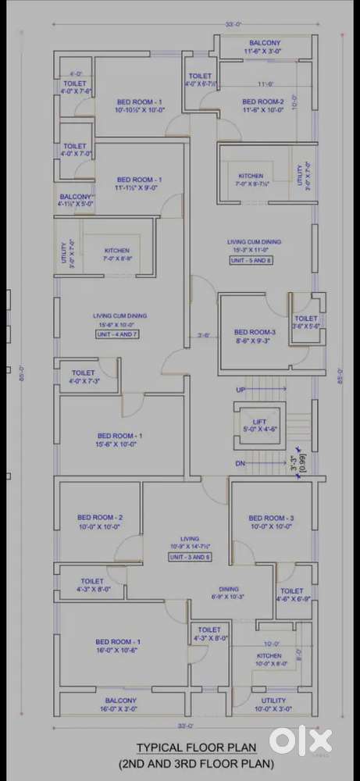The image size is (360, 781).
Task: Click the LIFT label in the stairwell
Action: tap(259, 422)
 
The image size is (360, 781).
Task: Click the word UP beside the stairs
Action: tap(241, 389)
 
